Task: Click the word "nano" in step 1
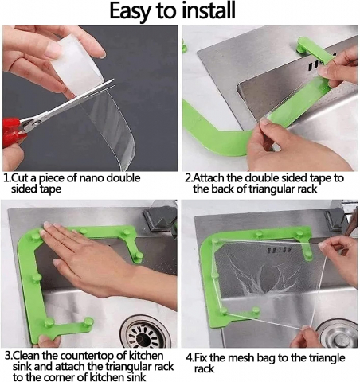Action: (92, 178)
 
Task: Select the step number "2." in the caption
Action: (188, 178)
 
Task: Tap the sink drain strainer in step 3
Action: (144, 332)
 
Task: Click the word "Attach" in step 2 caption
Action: (209, 178)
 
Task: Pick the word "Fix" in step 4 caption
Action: (201, 358)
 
